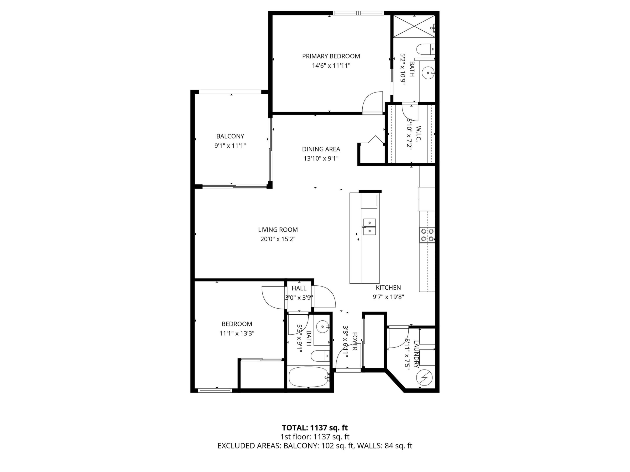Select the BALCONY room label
230,136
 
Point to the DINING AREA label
321,149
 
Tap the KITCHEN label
388,288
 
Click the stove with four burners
427,235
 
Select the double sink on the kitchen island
369,227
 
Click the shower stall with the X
414,26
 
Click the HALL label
299,288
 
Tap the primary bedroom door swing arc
372,102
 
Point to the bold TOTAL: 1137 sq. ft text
315,428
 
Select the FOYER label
355,341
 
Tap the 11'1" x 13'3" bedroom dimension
237,333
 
